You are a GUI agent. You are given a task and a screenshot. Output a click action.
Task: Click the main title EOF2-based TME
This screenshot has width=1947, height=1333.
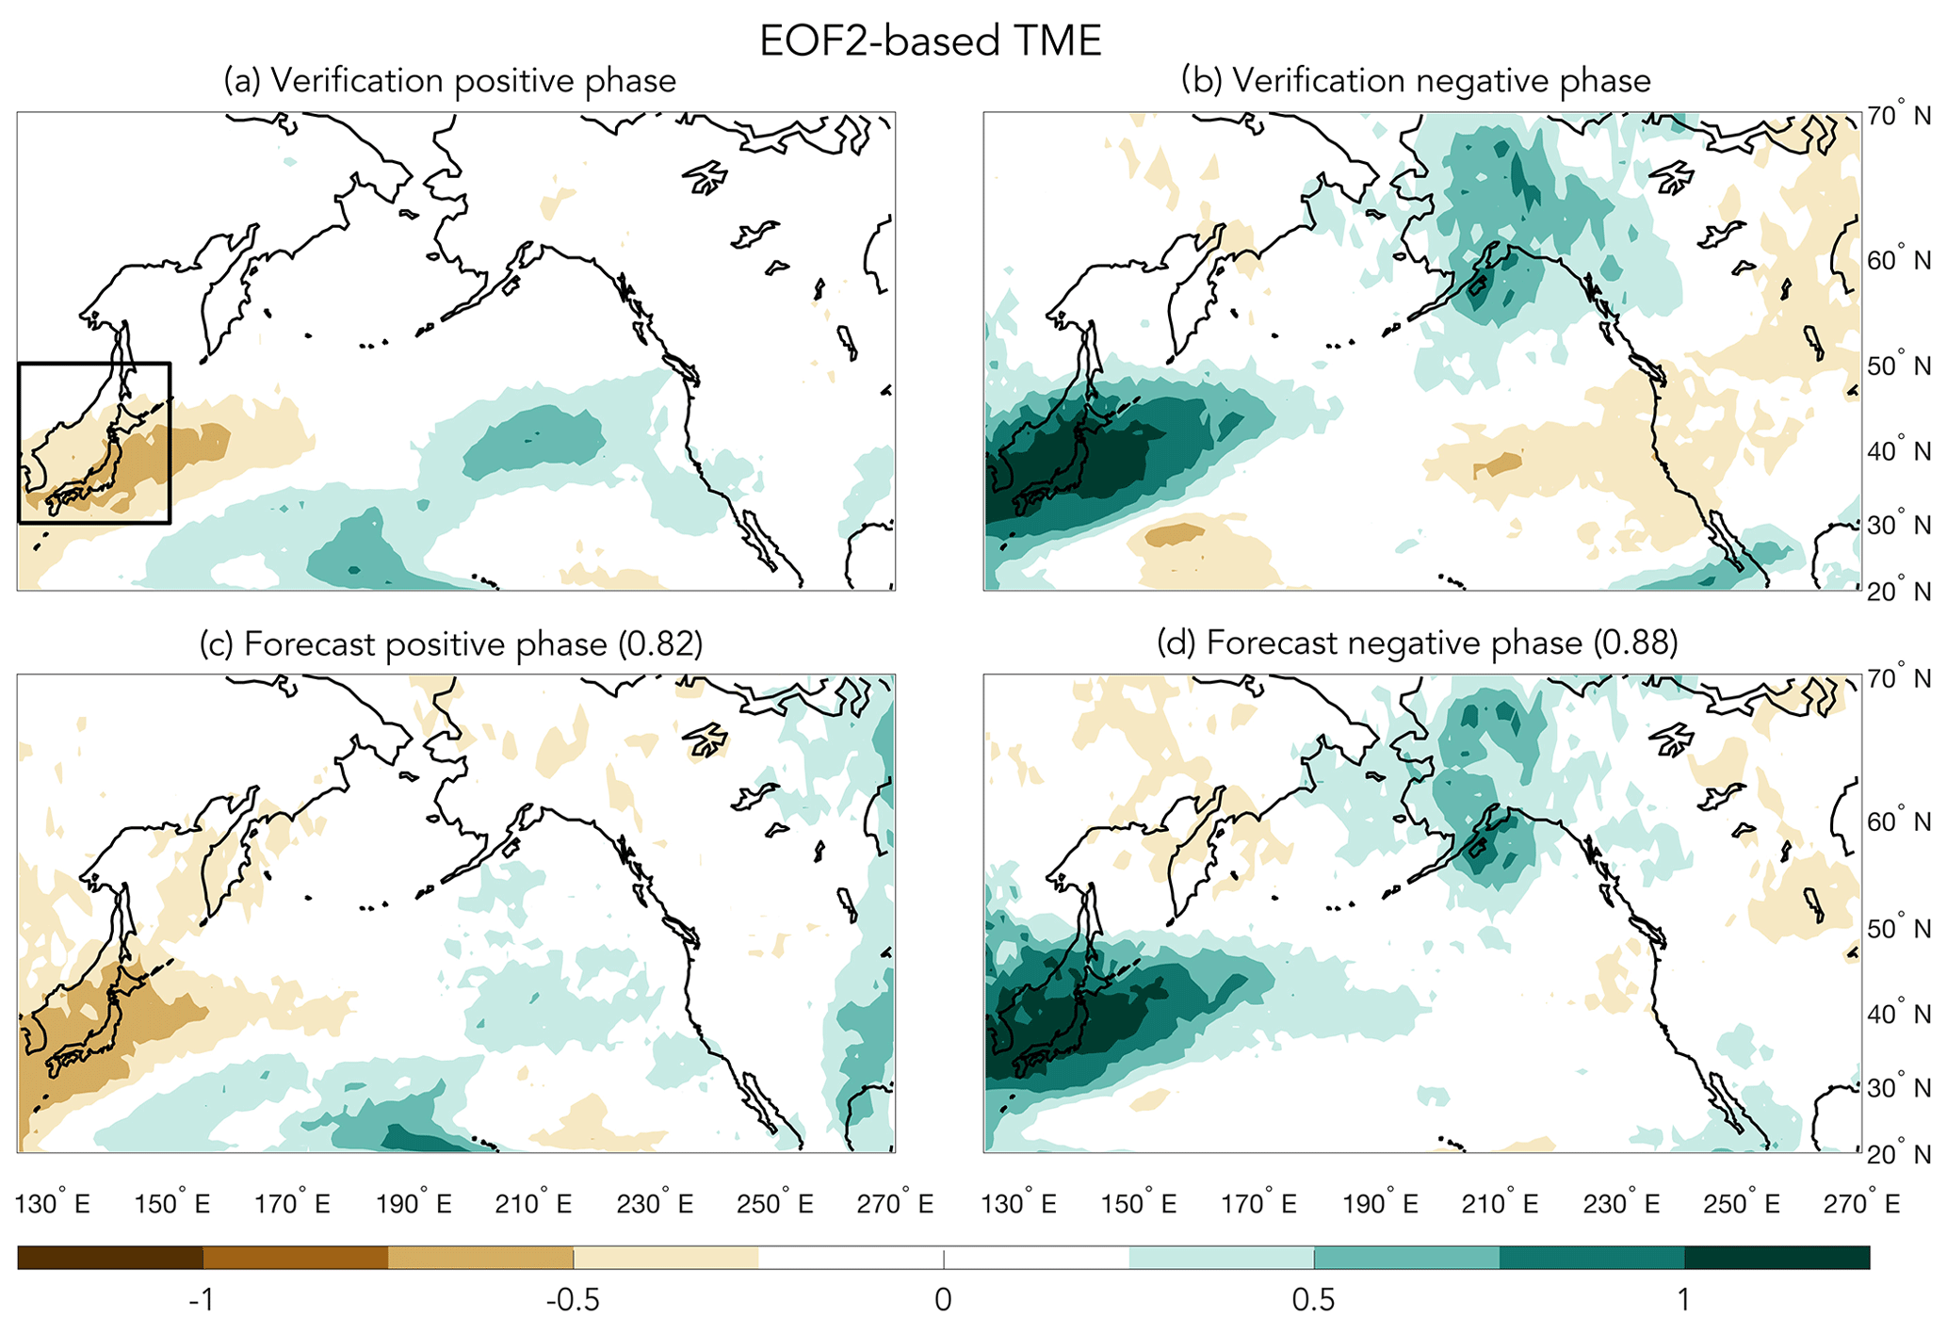point(930,42)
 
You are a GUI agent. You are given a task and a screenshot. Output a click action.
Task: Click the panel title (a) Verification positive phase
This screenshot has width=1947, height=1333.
point(449,81)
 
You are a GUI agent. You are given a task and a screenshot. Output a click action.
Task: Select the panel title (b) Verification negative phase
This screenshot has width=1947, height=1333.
point(1415,81)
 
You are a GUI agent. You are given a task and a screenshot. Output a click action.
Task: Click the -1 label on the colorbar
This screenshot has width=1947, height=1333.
point(202,1301)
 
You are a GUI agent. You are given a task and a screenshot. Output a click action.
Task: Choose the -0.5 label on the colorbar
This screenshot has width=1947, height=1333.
point(572,1301)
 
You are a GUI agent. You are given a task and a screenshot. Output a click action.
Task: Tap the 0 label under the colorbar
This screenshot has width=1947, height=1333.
point(943,1301)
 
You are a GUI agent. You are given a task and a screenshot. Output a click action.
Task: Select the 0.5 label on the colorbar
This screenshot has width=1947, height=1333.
point(1313,1301)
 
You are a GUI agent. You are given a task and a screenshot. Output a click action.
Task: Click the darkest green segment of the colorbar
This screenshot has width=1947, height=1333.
point(1777,1258)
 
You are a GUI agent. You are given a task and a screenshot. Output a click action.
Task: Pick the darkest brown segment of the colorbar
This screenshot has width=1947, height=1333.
point(109,1258)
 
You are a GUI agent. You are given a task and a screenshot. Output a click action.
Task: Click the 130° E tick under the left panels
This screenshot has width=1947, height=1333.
point(53,1204)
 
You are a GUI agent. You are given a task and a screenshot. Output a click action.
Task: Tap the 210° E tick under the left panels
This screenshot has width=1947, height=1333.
point(533,1204)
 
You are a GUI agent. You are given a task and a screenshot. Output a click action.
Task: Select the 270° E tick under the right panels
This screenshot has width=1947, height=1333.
point(1861,1204)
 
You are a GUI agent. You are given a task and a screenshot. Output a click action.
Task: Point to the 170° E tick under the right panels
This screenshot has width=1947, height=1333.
point(1258,1204)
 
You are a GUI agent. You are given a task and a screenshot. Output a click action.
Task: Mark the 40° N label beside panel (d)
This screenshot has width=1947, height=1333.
point(1898,1015)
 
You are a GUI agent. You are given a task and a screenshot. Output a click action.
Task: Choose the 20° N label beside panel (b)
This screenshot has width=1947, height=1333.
point(1898,592)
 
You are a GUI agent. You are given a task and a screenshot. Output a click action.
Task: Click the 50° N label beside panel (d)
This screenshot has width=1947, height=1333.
point(1898,929)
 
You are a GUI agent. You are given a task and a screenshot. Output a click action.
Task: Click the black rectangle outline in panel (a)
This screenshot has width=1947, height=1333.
point(170,443)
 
